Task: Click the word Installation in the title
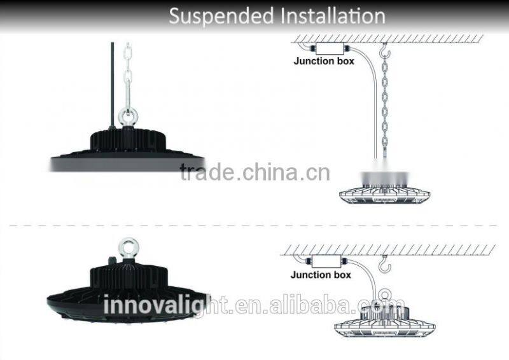pos(330,16)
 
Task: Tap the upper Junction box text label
pos(324,62)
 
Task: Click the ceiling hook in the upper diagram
pos(383,48)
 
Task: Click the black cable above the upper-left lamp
pos(113,76)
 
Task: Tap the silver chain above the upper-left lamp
pos(127,76)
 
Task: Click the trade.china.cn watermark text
pos(254,172)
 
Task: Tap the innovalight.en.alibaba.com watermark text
pos(254,306)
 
